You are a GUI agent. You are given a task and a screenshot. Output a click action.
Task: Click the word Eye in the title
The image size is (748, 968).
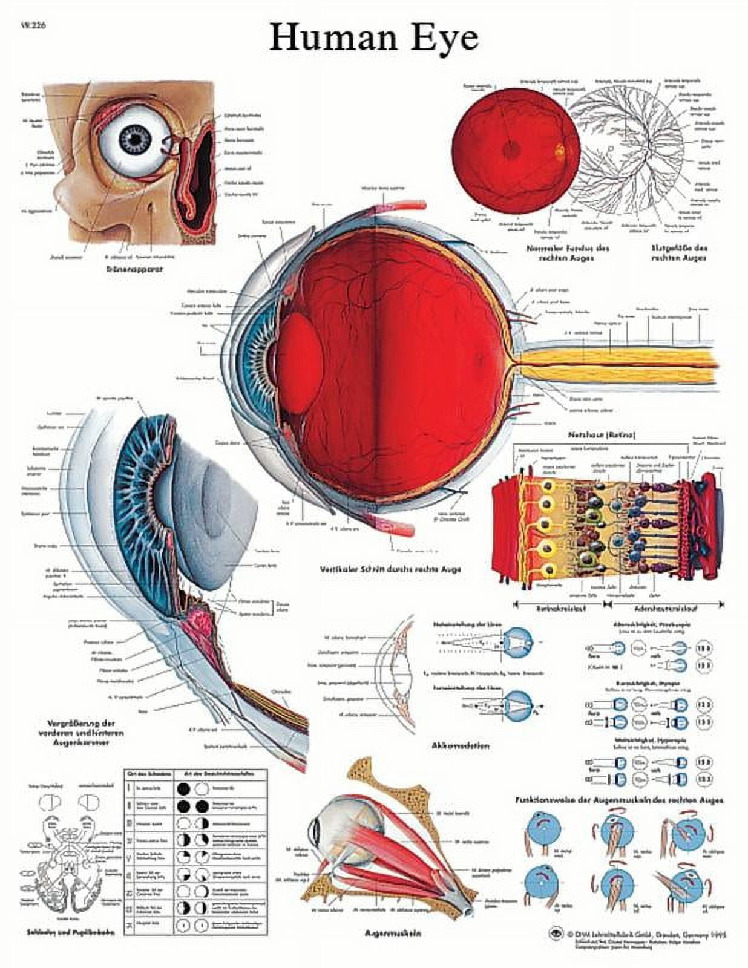(x=445, y=39)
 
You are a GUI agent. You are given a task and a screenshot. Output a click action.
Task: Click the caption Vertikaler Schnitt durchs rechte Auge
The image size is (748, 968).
(x=390, y=569)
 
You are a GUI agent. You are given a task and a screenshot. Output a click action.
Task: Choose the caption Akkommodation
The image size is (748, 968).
(x=461, y=746)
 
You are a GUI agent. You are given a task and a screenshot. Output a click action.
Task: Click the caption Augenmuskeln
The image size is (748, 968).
(x=392, y=933)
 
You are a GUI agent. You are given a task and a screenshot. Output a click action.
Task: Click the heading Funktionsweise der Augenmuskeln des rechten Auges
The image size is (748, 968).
(x=619, y=800)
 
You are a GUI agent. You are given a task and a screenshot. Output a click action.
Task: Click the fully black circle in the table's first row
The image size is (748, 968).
(x=184, y=789)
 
